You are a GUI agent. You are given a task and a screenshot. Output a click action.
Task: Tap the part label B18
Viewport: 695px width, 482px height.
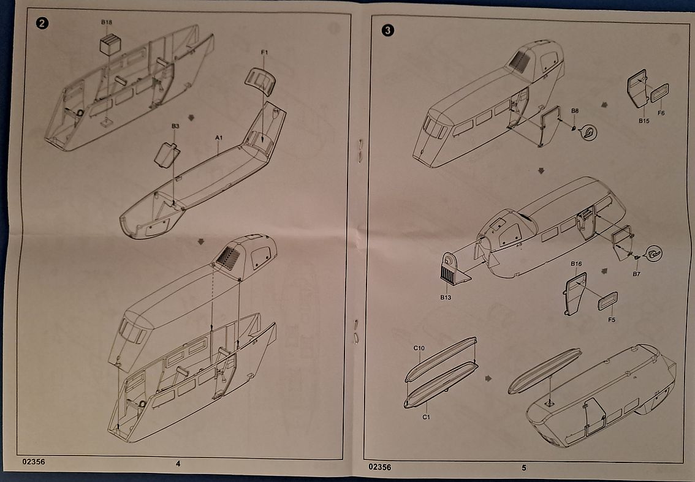107,22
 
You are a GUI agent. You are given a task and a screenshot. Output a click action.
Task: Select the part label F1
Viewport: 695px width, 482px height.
264,53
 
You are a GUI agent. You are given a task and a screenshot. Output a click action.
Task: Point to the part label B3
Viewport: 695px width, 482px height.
175,126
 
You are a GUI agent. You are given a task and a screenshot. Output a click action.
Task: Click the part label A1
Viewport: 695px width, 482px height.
218,138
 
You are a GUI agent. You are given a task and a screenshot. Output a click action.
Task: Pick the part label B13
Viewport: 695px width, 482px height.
446,298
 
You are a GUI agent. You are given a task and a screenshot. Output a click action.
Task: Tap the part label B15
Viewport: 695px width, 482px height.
644,121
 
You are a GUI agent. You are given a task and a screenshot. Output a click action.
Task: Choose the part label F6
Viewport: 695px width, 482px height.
661,113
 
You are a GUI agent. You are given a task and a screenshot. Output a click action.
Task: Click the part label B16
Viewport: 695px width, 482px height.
575,263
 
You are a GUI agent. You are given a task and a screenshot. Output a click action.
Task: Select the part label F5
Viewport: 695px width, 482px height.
612,319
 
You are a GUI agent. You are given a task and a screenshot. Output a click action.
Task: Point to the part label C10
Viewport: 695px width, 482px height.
419,348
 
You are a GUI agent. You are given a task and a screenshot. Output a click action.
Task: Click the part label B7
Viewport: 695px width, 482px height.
636,274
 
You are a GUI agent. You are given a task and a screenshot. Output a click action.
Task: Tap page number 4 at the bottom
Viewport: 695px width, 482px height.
178,464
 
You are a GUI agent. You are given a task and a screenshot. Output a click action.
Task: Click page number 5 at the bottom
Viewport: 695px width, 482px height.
523,468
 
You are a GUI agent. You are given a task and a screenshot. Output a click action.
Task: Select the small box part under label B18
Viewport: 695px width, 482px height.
110,45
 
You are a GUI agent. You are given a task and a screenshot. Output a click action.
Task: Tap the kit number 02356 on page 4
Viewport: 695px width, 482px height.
32,462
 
